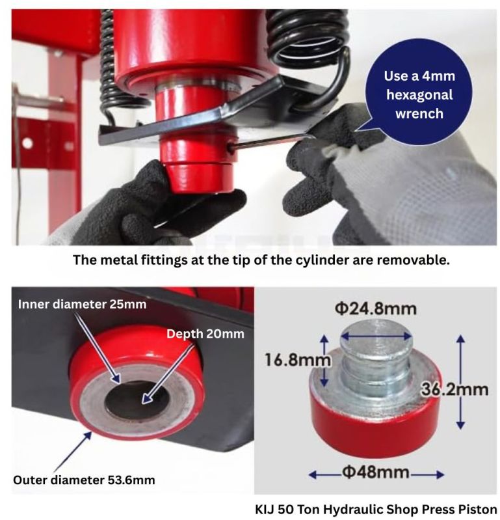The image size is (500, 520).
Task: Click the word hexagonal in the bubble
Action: pos(419,95)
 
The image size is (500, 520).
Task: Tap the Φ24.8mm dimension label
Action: pos(375,308)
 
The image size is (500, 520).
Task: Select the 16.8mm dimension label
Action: pos(297,359)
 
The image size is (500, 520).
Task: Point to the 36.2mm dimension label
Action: pos(454,389)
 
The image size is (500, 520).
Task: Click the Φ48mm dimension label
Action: pos(375,472)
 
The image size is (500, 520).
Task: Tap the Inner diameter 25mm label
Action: pos(82,304)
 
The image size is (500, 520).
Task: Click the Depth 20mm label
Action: pos(205,334)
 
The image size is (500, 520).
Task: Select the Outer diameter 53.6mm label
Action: pos(84,480)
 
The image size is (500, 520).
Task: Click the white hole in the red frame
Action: pos(27,143)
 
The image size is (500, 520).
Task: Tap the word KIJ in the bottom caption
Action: pos(265,509)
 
